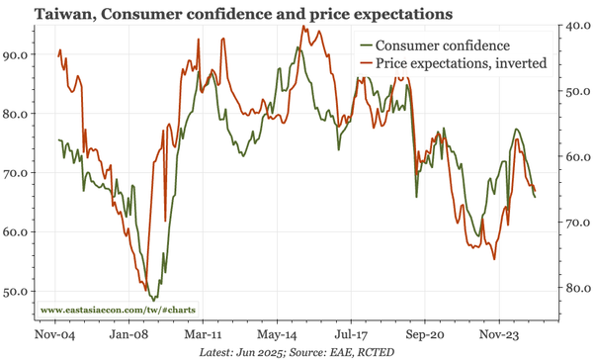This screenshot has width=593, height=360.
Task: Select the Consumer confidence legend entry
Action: click(x=443, y=45)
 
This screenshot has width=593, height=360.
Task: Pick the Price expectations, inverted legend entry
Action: click(x=461, y=64)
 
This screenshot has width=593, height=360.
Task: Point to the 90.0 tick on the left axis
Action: click(x=17, y=55)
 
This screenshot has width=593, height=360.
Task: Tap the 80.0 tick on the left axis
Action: click(x=17, y=114)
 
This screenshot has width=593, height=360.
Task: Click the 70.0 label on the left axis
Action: click(x=17, y=173)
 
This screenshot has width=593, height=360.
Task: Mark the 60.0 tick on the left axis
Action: click(x=17, y=232)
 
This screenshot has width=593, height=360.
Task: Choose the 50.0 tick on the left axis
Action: click(x=17, y=292)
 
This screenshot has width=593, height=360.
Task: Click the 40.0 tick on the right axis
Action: click(x=574, y=26)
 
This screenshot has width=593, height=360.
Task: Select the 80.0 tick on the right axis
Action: click(x=574, y=289)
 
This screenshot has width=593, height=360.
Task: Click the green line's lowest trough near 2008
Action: click(x=152, y=299)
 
